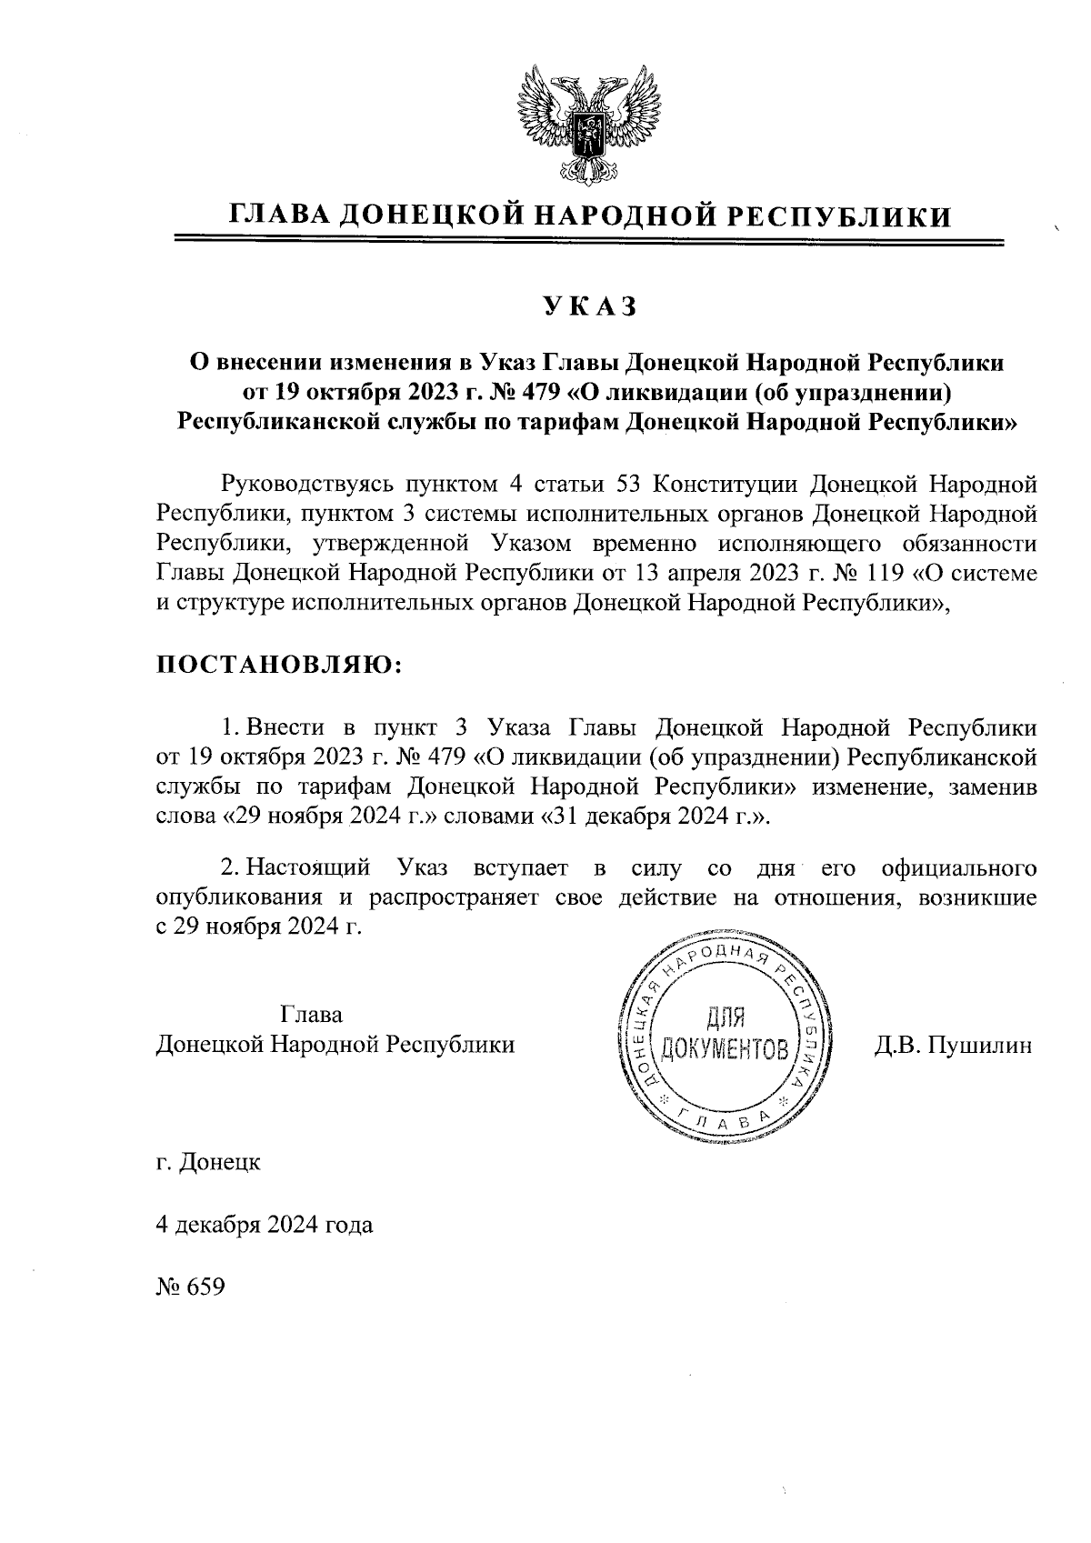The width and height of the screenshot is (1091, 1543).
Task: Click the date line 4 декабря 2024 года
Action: [x=265, y=1225]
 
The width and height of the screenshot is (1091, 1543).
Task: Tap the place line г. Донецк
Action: [x=208, y=1162]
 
